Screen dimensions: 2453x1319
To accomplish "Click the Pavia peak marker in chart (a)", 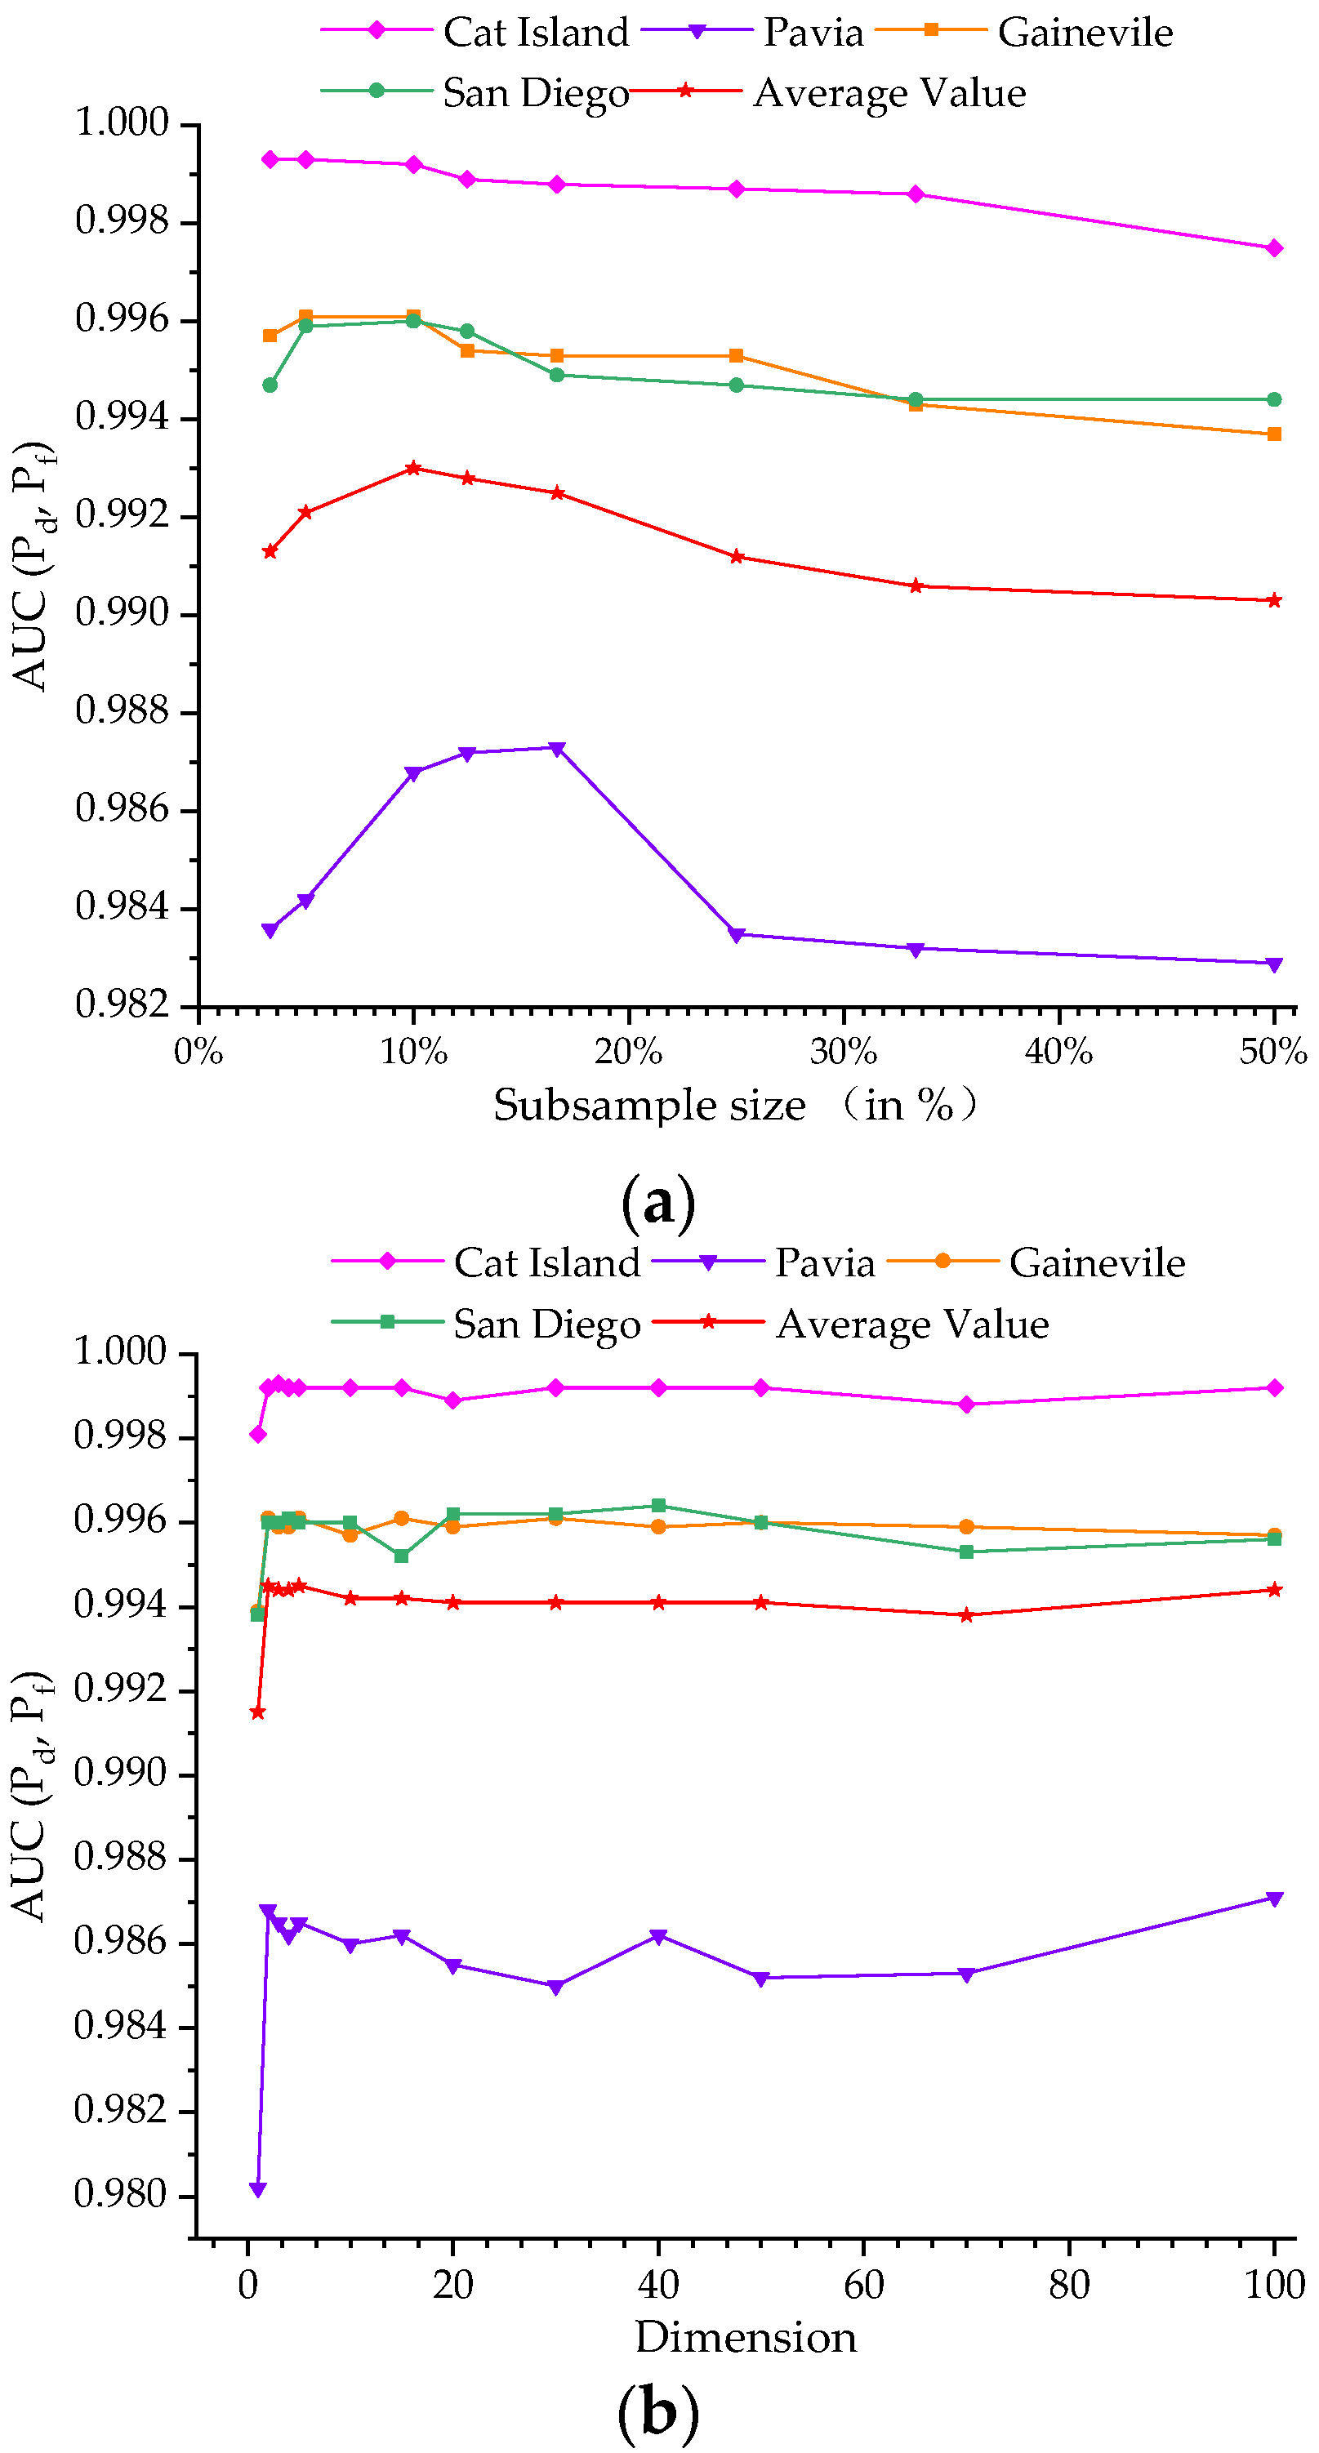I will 557,749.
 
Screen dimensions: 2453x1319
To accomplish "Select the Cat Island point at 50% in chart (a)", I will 1274,248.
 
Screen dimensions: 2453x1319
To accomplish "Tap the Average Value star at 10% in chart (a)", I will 413,469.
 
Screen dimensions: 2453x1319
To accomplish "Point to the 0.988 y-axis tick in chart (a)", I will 122,711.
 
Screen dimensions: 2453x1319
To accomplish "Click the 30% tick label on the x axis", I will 843,1053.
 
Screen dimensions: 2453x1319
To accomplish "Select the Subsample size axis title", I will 649,1106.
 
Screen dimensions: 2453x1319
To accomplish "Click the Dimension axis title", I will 746,2338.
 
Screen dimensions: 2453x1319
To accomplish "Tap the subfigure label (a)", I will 657,1203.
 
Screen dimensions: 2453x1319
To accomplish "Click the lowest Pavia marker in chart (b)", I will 257,2190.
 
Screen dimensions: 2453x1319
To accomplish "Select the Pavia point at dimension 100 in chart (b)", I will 1274,1899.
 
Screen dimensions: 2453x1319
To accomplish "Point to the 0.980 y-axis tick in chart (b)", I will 120,2195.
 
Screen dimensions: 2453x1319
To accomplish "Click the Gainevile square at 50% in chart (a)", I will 1274,434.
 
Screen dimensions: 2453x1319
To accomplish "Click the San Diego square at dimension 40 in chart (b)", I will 658,1506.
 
